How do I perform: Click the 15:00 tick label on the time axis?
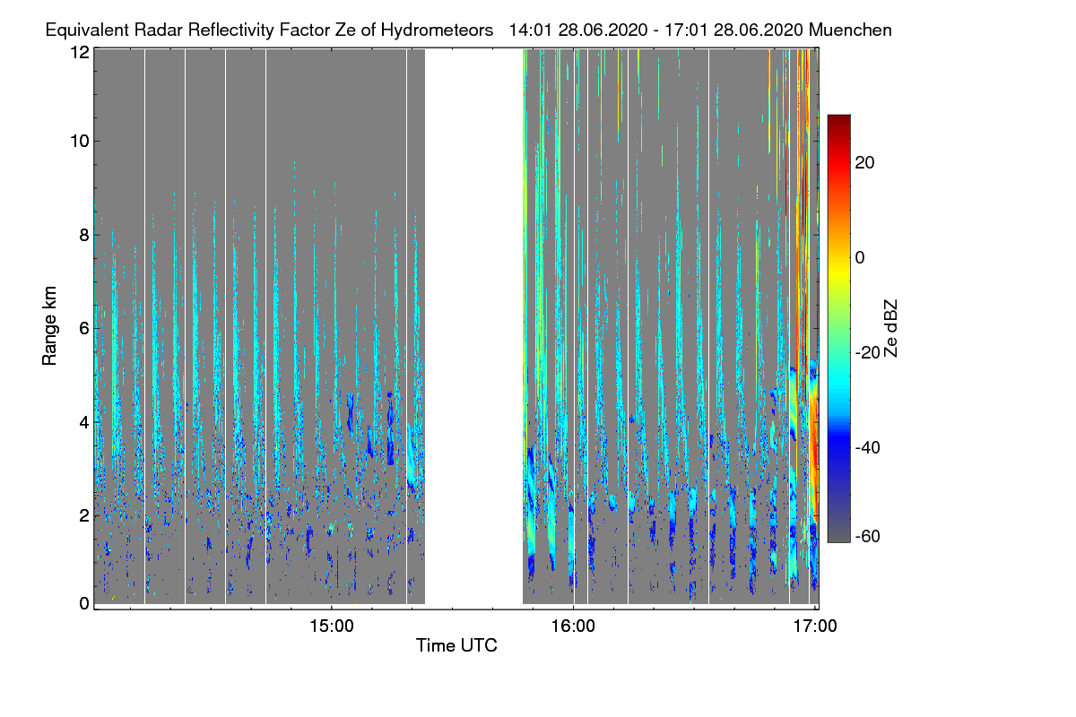332,626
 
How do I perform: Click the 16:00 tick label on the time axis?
573,626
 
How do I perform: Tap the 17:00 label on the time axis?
814,626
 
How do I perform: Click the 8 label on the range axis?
83,236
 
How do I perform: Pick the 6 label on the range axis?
83,329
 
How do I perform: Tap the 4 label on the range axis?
83,421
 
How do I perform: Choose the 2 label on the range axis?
83,514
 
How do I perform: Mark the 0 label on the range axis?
83,603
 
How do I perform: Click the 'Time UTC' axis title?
456,645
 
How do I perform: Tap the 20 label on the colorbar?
865,162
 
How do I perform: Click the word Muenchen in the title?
850,30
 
